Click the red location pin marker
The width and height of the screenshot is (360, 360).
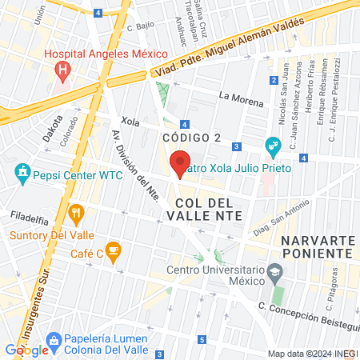click(182, 162)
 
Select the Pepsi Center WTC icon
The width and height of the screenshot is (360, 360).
click(22, 172)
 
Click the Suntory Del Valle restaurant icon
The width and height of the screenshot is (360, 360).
click(77, 213)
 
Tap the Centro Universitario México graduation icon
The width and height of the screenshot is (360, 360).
click(275, 272)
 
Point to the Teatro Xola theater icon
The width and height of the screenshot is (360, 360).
click(272, 146)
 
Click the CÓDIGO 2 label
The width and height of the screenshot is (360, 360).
click(191, 138)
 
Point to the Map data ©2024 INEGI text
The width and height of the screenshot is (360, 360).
click(312, 354)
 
